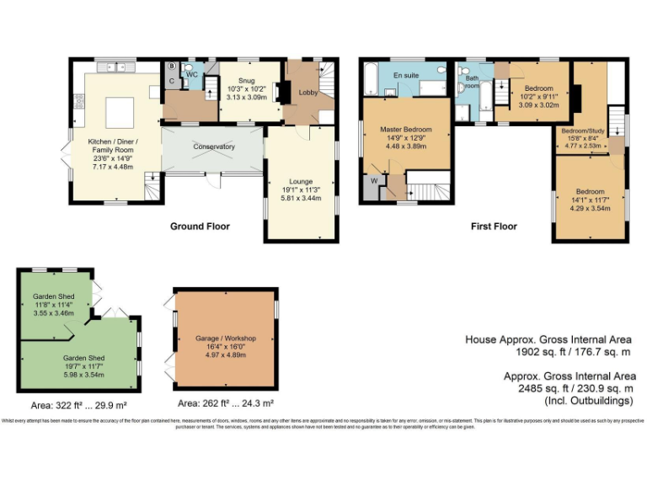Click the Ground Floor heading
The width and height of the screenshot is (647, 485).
pos(200,226)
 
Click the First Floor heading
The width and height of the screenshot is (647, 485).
pos(493,226)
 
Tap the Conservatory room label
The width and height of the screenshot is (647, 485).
pos(213,147)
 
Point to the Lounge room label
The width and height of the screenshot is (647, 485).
pos(301,181)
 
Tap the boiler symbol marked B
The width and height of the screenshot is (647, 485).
pos(172,66)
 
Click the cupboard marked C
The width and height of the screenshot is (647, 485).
pos(171,81)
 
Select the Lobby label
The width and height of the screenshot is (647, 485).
pos(308,93)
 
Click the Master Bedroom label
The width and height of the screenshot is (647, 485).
pos(405,129)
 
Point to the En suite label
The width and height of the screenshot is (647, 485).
pos(406,76)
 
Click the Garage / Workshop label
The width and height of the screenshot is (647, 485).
pos(225,338)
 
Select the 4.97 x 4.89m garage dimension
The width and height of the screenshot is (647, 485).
pos(225,354)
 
